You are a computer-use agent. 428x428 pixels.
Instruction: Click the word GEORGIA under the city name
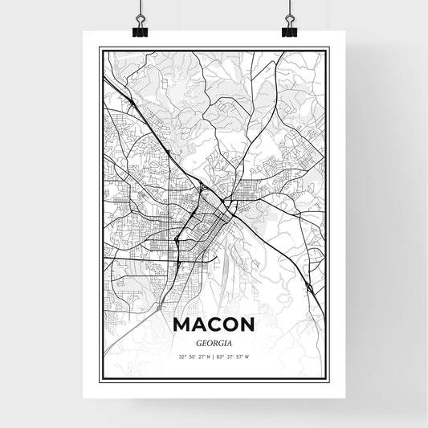(214, 341)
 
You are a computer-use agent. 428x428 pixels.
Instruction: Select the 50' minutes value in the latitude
(194, 356)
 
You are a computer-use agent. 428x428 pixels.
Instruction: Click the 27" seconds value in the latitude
(204, 356)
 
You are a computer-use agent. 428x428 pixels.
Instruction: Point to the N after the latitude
(210, 356)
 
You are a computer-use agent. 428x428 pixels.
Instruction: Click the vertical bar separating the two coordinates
(215, 356)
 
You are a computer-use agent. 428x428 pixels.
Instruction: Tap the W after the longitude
(247, 356)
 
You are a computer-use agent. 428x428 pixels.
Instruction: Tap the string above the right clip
(289, 6)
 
